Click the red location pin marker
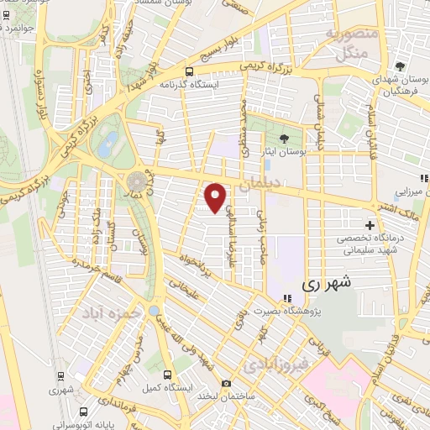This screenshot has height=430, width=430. coord(217,197)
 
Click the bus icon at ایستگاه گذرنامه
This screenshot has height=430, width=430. coord(190,71)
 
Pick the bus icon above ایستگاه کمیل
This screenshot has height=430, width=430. coord(167,375)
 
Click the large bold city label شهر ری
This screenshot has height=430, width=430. coord(322,286)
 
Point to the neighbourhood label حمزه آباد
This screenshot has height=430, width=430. coord(107,312)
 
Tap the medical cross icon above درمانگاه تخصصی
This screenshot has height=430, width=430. coord(370,225)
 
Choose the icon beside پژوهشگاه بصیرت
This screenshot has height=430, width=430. coord(287,298)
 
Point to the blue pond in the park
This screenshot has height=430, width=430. coord(107,144)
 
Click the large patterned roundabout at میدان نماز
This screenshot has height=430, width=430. coord(134,181)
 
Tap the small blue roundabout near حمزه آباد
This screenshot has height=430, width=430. coord(154,311)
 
